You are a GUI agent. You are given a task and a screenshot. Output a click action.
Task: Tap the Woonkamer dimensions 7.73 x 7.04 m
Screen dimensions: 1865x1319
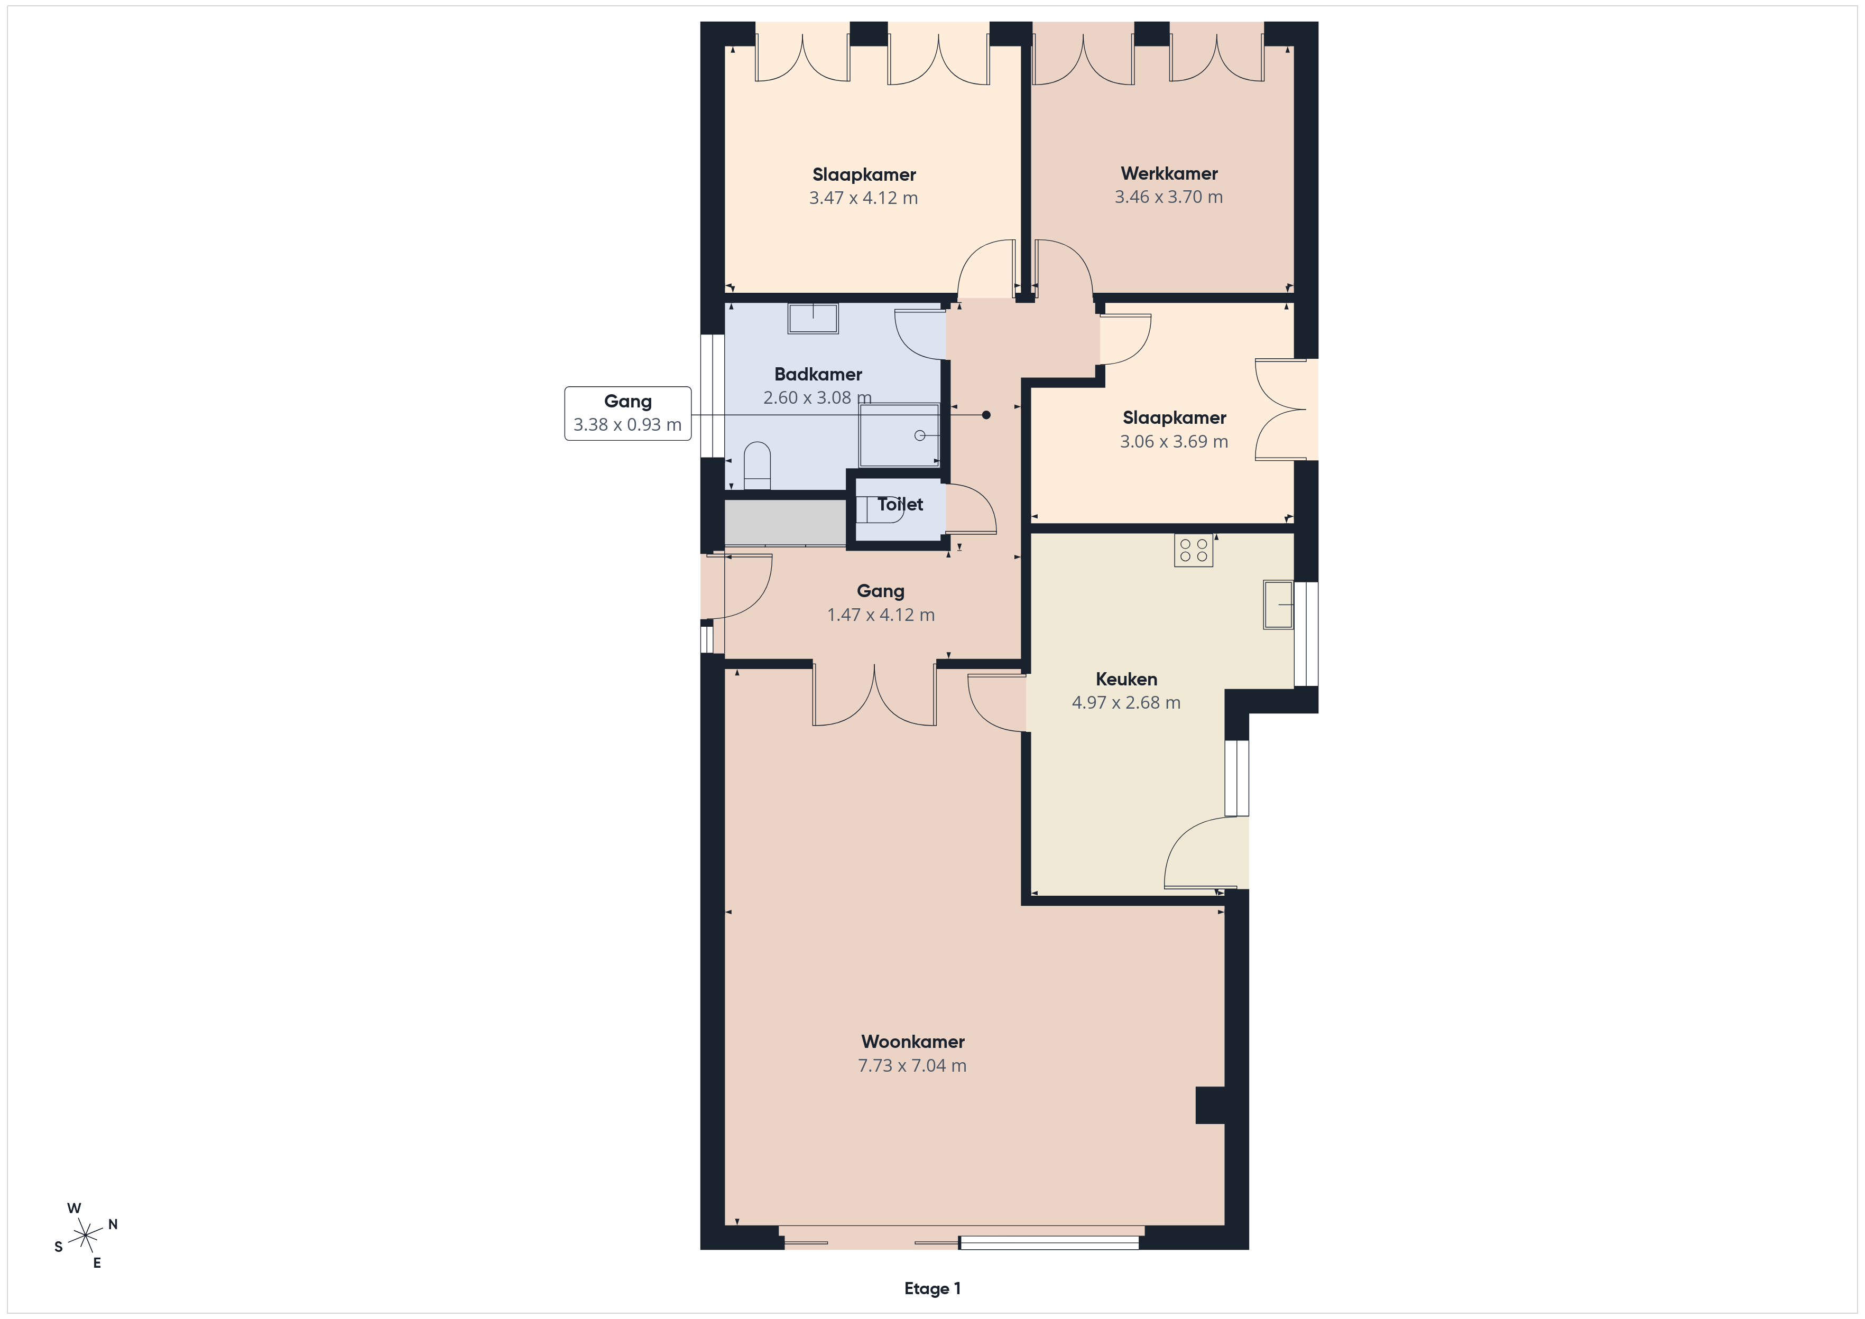click(x=912, y=1065)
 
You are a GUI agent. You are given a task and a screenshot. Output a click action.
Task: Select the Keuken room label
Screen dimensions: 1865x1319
click(x=1126, y=679)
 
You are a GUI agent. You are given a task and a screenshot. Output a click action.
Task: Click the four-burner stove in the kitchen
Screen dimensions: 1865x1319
click(x=1193, y=550)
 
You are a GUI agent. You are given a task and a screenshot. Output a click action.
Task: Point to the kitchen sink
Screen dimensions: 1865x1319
click(x=1278, y=604)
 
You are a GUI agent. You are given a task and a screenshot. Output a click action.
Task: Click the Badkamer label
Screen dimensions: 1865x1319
click(x=818, y=375)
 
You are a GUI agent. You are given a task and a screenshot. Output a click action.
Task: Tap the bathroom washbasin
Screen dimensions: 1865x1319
click(x=813, y=318)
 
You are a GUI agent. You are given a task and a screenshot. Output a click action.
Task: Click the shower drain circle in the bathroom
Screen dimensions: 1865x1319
click(x=919, y=435)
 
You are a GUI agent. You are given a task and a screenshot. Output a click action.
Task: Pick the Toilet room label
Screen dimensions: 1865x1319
click(x=900, y=504)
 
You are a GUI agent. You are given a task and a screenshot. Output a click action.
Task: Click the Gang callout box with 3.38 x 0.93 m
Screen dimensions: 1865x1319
click(x=628, y=413)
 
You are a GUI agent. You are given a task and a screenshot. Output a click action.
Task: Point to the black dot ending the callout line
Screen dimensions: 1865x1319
click(x=986, y=415)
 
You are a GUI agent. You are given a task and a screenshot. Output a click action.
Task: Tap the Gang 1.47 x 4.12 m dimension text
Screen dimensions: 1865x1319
click(x=881, y=615)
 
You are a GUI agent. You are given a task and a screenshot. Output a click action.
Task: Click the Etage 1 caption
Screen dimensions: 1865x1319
click(x=933, y=1288)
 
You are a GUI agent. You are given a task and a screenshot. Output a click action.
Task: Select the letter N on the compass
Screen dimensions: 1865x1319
click(x=113, y=1224)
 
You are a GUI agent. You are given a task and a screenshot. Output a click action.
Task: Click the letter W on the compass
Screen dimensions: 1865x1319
click(x=74, y=1207)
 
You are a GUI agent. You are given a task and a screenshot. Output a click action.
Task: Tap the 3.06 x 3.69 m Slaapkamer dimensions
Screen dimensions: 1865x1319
click(x=1174, y=441)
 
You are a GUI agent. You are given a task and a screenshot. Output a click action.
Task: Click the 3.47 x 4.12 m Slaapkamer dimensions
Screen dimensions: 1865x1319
click(x=863, y=197)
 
